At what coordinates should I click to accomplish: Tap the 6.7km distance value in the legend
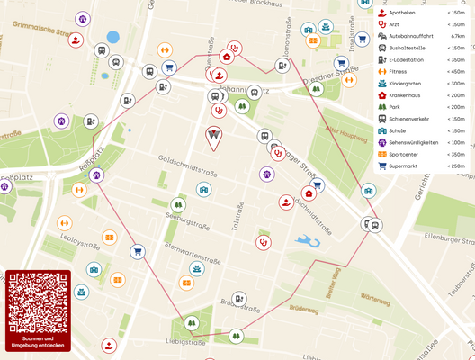click(x=457, y=36)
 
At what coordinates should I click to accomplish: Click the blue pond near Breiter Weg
click(x=309, y=241)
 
